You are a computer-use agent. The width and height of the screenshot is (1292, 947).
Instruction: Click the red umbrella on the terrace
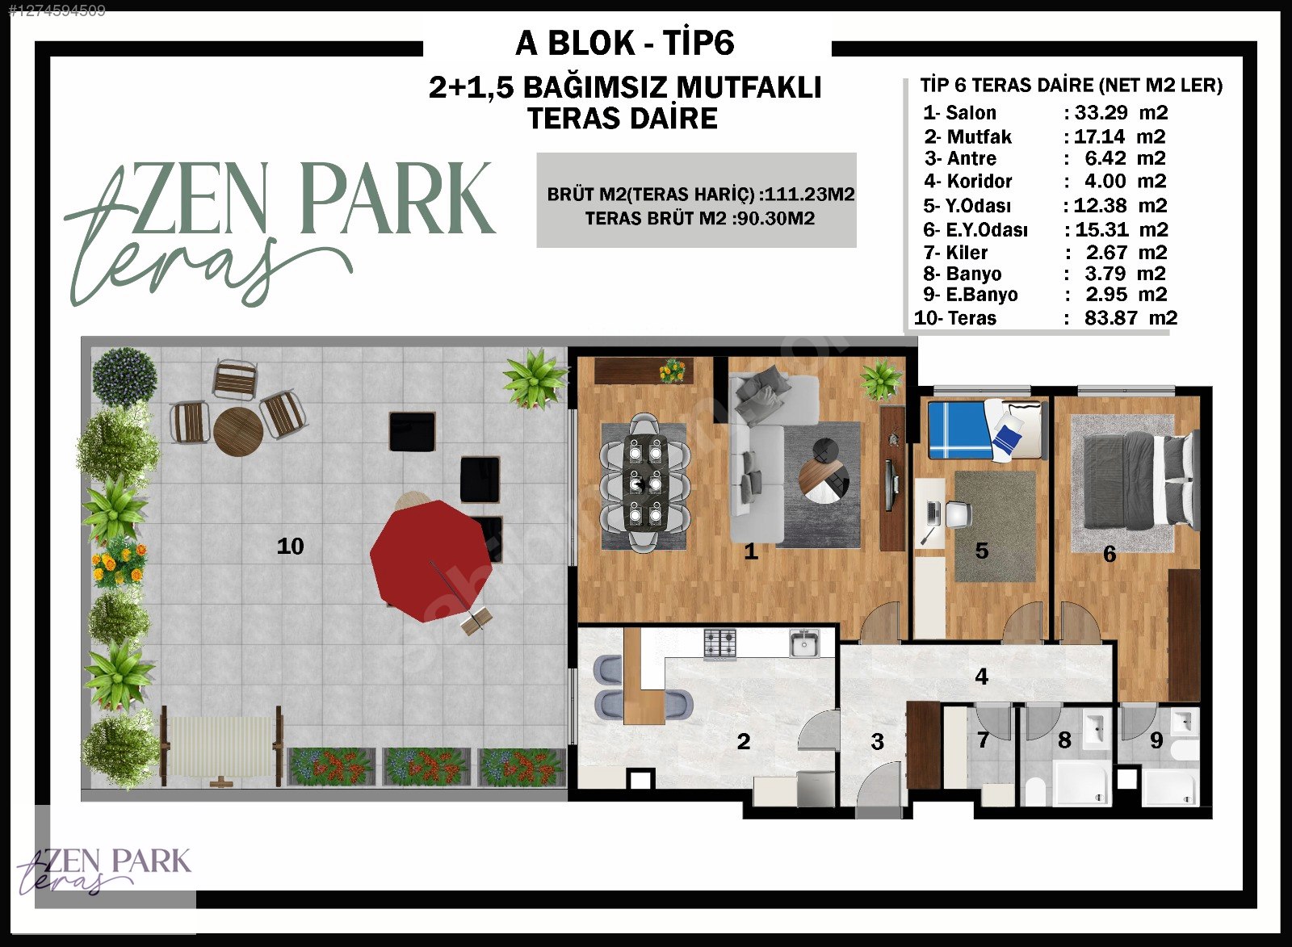(x=430, y=560)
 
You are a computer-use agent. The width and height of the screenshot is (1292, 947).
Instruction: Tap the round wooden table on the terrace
(x=238, y=432)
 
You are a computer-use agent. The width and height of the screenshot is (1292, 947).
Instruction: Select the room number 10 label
(x=290, y=546)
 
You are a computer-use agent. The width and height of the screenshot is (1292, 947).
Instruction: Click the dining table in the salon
(x=645, y=482)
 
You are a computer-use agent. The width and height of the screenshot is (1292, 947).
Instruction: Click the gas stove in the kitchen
(x=719, y=644)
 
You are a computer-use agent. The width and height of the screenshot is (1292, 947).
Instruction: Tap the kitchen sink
(x=804, y=643)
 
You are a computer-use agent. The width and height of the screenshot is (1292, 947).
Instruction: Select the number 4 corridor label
(x=982, y=676)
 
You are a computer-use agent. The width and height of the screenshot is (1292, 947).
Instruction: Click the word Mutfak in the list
(x=979, y=136)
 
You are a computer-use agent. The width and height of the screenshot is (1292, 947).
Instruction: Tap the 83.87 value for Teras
(x=1111, y=318)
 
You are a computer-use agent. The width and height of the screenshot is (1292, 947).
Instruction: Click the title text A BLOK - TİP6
(x=625, y=44)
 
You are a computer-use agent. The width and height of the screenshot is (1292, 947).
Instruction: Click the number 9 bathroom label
(x=1156, y=740)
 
